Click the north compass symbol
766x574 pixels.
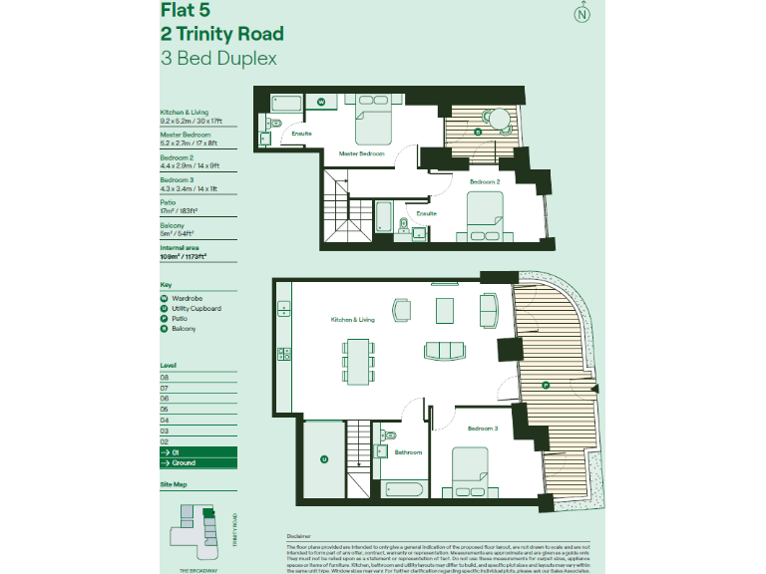click(581, 14)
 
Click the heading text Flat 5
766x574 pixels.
click(189, 11)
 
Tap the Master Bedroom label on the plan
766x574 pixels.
click(361, 153)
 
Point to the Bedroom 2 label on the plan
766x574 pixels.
click(485, 181)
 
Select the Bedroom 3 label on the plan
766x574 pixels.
click(483, 428)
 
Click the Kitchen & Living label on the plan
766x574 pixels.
click(353, 320)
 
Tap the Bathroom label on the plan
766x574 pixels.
click(407, 452)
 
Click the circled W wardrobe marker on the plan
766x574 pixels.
click(321, 102)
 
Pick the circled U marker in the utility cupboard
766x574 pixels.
click(323, 459)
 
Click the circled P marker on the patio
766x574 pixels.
click(545, 385)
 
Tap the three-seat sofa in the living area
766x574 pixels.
click(444, 351)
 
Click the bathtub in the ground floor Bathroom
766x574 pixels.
click(403, 490)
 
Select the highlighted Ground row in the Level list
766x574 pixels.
click(198, 462)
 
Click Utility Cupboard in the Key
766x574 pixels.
click(195, 308)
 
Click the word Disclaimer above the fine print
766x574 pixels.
click(299, 535)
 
